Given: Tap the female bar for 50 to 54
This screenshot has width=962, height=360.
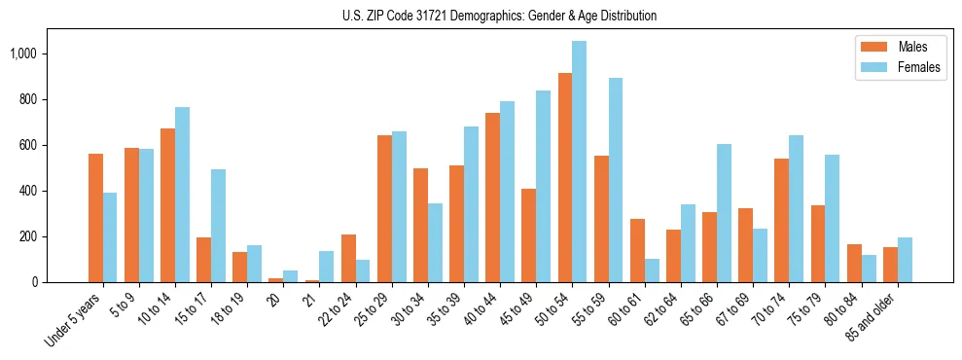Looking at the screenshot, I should pos(580,162).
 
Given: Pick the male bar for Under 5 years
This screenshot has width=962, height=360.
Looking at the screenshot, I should pos(95,218).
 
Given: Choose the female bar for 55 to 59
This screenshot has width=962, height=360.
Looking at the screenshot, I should pos(616,180).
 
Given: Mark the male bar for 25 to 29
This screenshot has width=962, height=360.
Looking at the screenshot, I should pos(384,208).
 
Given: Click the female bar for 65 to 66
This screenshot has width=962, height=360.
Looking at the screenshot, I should pos(724,213).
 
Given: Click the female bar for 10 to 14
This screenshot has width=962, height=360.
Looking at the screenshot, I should pos(182,195).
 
